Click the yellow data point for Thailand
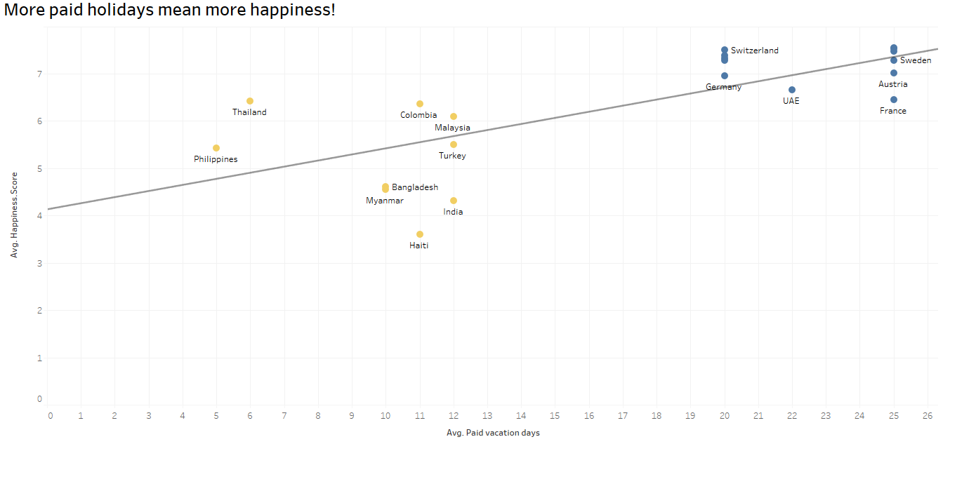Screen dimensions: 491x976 point(250,101)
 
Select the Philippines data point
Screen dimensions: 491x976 point(216,148)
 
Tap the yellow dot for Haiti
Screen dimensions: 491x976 point(420,234)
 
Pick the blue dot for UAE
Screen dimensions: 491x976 point(792,90)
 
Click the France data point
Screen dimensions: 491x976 point(894,100)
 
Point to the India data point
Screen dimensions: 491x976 point(454,201)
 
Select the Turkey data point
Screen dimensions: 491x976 point(454,144)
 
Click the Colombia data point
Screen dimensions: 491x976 point(420,104)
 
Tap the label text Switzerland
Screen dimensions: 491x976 point(754,51)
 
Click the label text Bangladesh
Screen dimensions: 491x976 point(414,187)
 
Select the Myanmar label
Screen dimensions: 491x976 point(385,201)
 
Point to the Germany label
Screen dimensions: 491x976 point(723,87)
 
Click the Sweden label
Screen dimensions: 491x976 point(916,60)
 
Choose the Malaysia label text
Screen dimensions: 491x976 point(452,128)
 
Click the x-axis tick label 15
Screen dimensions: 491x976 point(555,416)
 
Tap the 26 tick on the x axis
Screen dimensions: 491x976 point(927,416)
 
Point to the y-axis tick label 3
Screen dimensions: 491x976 point(39,263)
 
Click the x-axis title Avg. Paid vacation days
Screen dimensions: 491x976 point(493,433)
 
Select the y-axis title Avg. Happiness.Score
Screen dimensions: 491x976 point(14,215)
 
